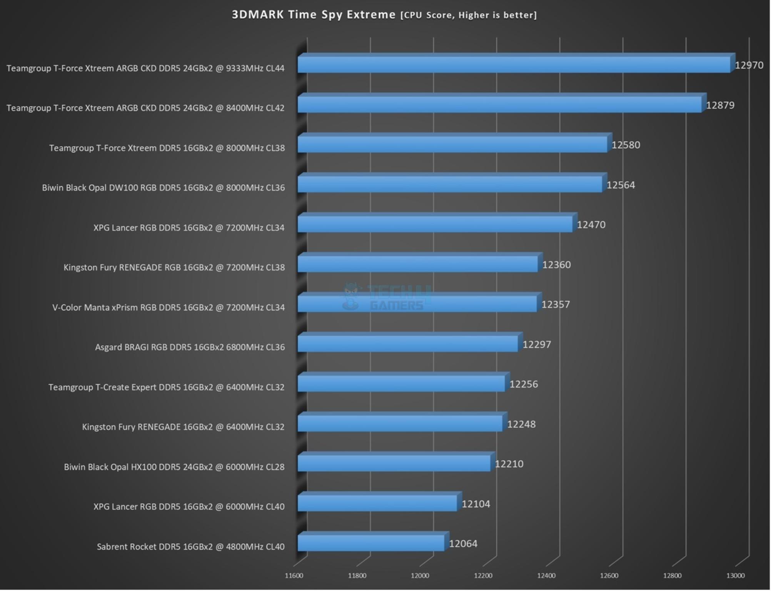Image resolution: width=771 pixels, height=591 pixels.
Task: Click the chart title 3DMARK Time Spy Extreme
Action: coord(313,15)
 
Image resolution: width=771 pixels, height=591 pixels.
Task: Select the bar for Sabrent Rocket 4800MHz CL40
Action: coord(371,543)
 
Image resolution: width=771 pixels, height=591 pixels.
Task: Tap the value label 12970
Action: coord(749,65)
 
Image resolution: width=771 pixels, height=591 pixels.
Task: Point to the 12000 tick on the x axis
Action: coord(420,576)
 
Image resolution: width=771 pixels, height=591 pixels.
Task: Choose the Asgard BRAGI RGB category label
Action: coord(190,347)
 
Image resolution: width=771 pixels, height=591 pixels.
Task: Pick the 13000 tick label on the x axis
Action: coord(735,576)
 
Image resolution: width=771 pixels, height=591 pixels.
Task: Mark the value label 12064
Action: coord(463,544)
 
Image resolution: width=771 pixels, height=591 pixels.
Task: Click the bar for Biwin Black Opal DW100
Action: coord(450,184)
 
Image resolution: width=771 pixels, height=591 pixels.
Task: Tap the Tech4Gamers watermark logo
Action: coord(387,297)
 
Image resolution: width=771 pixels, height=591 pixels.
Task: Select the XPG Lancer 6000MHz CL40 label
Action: coord(189,507)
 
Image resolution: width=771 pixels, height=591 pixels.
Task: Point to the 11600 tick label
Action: coord(294,576)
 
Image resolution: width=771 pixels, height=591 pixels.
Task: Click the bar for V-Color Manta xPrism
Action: coord(417,304)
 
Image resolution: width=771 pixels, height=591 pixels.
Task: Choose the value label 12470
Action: coord(591,225)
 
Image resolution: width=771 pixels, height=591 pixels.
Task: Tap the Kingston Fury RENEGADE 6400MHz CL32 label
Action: coord(183,427)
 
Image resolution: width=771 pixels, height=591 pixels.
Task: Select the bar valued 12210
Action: coord(394,463)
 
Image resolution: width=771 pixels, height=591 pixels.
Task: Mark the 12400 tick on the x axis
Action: coord(546,576)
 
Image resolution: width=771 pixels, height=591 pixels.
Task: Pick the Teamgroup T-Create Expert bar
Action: coord(401,384)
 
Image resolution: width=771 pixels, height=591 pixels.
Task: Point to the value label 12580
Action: coord(626,145)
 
